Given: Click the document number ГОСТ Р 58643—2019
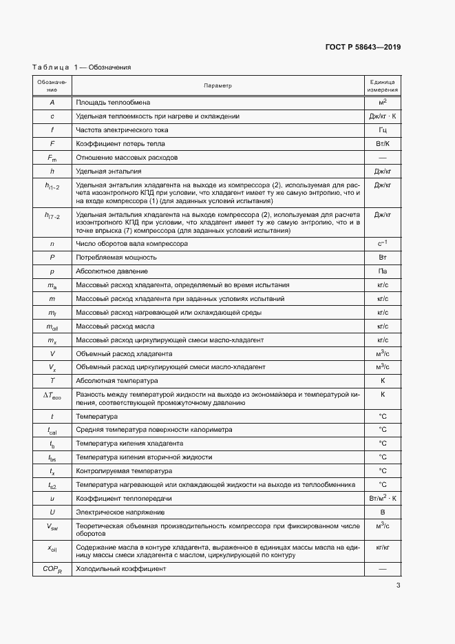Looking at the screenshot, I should (363, 48).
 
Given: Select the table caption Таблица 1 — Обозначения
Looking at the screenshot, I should (81, 67).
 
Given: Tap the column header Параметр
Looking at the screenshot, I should (218, 86).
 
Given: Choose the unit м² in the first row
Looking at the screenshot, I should (383, 102).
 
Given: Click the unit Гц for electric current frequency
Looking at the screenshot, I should (383, 130).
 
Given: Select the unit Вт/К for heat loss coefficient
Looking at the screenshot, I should (383, 144).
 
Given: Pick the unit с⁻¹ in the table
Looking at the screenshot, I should (383, 243).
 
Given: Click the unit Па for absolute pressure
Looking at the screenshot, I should (383, 271).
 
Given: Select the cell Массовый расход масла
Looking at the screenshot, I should (115, 326).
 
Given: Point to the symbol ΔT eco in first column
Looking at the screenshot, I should (52, 395).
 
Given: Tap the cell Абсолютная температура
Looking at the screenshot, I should (117, 380).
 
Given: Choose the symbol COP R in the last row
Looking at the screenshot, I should (52, 570).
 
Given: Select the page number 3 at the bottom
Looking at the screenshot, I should (398, 586).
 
